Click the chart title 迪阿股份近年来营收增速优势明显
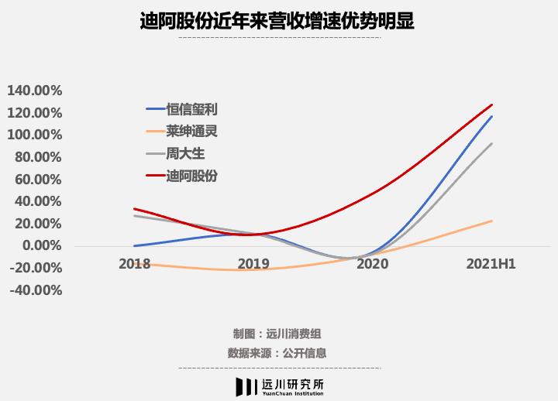tap(277, 21)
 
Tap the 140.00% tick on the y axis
tap(34, 90)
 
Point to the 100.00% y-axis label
tap(34, 135)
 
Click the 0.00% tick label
tap(41, 246)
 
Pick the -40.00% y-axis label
tap(34, 291)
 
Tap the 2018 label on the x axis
tap(134, 264)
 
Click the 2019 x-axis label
tap(253, 264)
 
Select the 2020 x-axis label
tap(372, 264)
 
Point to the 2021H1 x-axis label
tap(491, 264)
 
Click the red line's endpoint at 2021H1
tap(491, 105)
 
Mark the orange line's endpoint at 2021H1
tap(491, 221)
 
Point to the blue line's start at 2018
tap(134, 245)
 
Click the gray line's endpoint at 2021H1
tap(491, 143)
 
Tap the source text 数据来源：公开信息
tap(277, 353)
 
